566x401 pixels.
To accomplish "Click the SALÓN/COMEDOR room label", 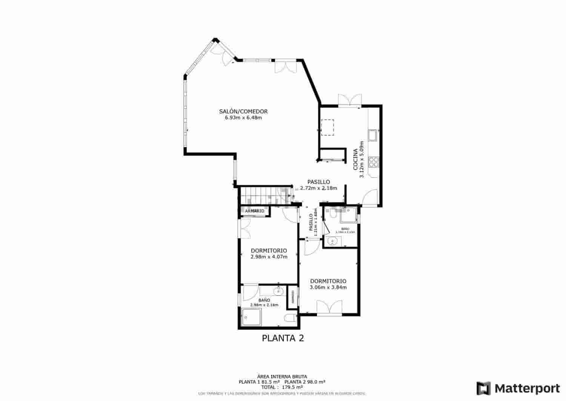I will [x=243, y=111].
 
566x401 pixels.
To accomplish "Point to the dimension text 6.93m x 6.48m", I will [x=243, y=118].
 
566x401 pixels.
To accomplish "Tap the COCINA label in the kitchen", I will [x=355, y=159].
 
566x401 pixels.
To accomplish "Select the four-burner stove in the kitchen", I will [x=374, y=162].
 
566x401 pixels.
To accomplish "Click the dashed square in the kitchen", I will [x=327, y=127].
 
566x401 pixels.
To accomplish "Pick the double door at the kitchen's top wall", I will [x=350, y=100].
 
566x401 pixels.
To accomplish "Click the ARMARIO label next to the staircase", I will [x=255, y=211].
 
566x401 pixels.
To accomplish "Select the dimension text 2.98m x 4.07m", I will [x=269, y=257].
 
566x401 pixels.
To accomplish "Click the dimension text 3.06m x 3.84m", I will [x=328, y=287].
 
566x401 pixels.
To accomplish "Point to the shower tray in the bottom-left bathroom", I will [x=251, y=317].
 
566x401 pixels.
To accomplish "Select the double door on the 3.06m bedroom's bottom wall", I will [x=329, y=307].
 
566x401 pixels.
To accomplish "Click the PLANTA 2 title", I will [x=283, y=338].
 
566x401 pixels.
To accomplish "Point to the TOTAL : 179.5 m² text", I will [x=282, y=387].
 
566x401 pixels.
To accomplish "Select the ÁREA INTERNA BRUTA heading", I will [x=282, y=376].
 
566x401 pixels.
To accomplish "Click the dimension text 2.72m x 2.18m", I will [x=318, y=188].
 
